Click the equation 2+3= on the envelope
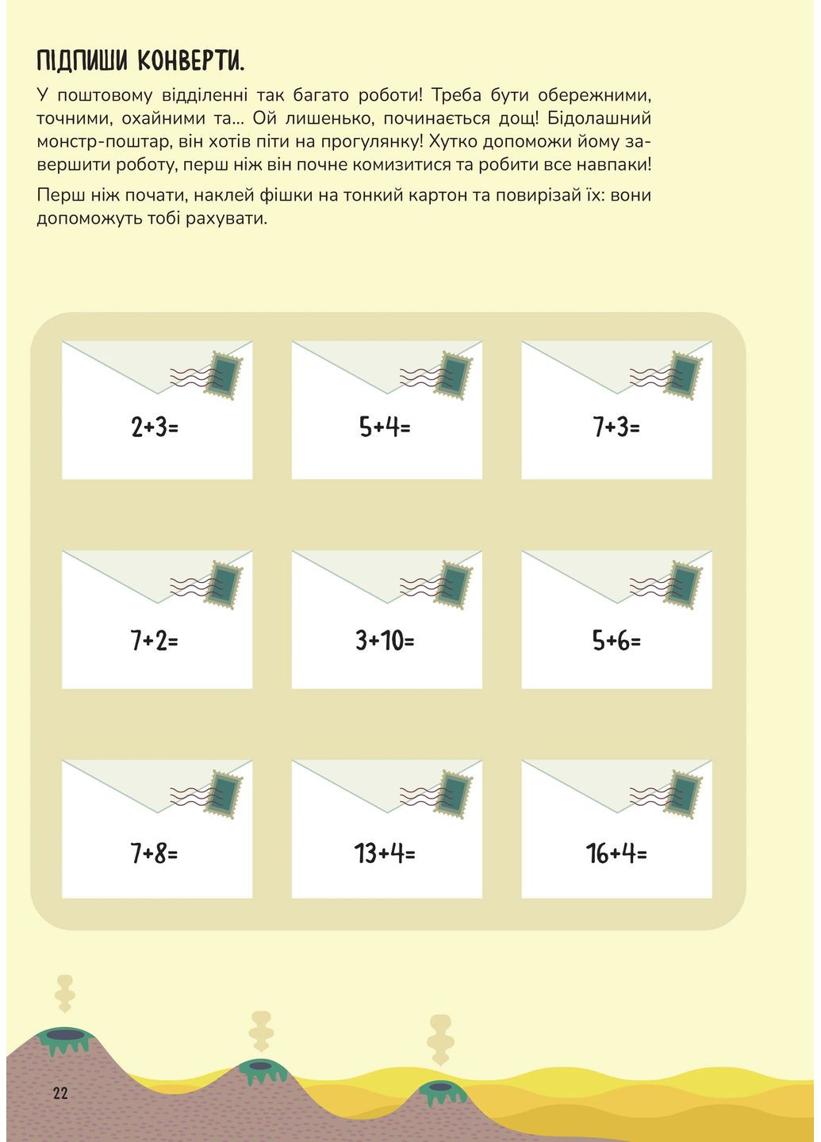pyautogui.click(x=155, y=427)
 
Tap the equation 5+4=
pyautogui.click(x=385, y=427)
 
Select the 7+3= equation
pyautogui.click(x=616, y=427)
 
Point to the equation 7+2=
pyautogui.click(x=155, y=640)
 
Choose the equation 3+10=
pyautogui.click(x=385, y=640)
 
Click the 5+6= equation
pyautogui.click(x=616, y=640)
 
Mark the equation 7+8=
pyautogui.click(x=155, y=853)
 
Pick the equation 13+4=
pyautogui.click(x=385, y=853)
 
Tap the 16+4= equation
pyautogui.click(x=616, y=853)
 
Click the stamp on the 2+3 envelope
pyautogui.click(x=224, y=375)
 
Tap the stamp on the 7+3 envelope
pyautogui.click(x=683, y=375)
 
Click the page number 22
pyautogui.click(x=60, y=1093)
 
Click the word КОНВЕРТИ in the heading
pyautogui.click(x=191, y=60)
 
